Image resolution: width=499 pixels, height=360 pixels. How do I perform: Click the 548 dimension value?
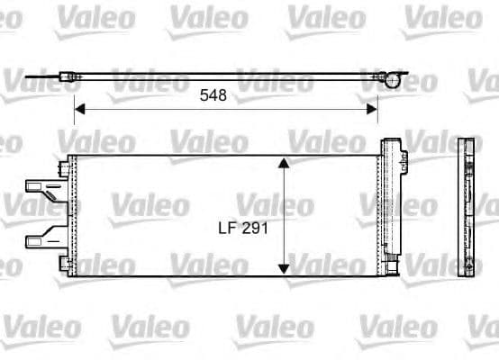[x=213, y=94]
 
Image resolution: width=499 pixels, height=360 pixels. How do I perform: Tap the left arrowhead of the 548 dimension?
[x=78, y=109]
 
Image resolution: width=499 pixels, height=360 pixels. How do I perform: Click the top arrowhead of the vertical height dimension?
[x=284, y=164]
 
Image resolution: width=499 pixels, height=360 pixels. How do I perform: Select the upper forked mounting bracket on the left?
[x=41, y=189]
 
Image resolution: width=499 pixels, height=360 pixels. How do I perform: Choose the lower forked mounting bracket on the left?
[x=41, y=239]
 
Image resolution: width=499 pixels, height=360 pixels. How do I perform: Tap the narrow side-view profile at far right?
[x=466, y=209]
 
